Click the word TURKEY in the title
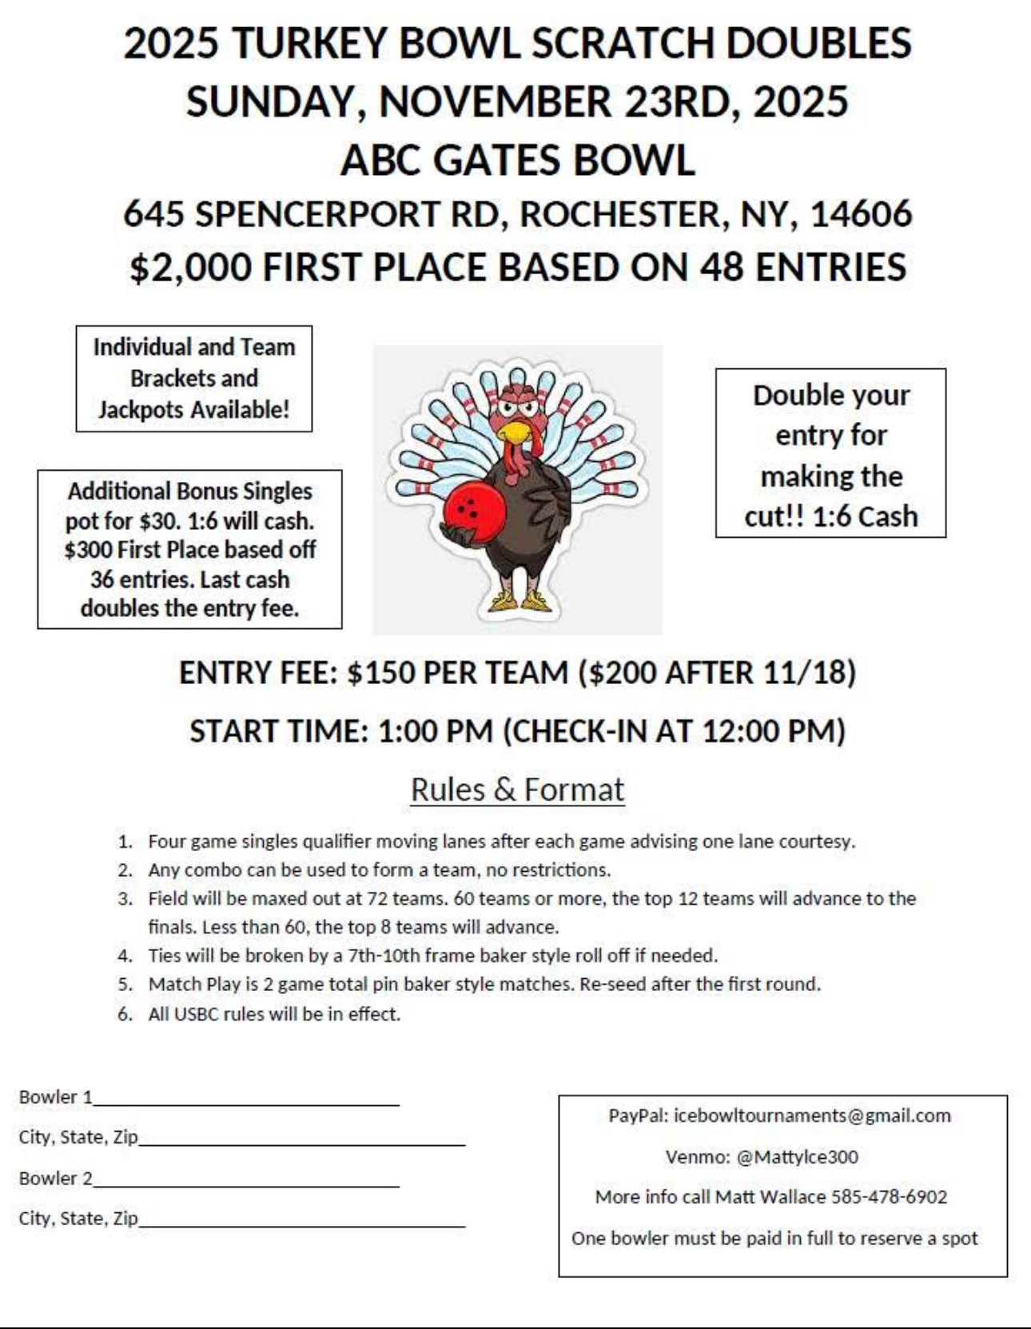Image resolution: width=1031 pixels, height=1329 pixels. [x=312, y=43]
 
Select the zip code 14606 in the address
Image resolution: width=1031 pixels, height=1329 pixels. [x=861, y=214]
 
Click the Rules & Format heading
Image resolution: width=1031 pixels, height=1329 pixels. [x=517, y=790]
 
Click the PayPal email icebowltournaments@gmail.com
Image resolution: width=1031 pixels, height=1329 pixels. [x=812, y=1116]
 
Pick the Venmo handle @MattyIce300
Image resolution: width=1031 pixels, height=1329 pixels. [x=797, y=1157]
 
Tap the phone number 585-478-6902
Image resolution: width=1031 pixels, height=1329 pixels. [x=889, y=1197]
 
